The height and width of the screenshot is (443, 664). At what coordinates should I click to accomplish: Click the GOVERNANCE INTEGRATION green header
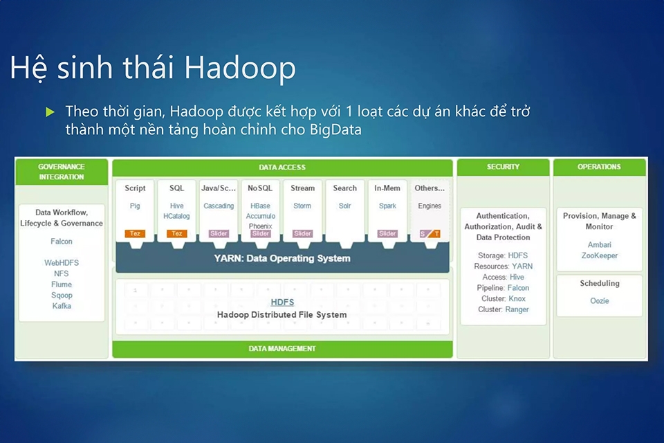(x=62, y=172)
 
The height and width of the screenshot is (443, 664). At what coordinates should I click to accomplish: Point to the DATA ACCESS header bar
(x=282, y=168)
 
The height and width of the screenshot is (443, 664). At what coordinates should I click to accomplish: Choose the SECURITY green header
(x=503, y=167)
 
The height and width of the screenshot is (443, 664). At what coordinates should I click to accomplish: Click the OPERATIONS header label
(x=599, y=167)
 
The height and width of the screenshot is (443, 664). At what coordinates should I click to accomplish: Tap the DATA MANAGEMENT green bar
(x=282, y=349)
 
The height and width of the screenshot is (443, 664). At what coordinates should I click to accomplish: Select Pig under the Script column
(x=135, y=206)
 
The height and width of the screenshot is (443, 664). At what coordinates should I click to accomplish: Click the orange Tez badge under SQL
(x=177, y=233)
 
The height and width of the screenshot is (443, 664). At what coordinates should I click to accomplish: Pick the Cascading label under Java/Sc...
(x=219, y=206)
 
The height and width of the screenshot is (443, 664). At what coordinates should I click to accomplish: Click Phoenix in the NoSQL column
(x=261, y=226)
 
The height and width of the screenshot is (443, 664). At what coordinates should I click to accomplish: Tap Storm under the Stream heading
(x=302, y=206)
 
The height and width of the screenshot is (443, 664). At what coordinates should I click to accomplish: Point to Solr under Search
(x=344, y=206)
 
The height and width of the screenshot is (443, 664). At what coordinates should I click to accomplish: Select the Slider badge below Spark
(x=387, y=233)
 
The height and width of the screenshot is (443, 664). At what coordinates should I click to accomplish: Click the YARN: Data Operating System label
(x=282, y=258)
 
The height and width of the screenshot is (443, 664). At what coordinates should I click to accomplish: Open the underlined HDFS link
(x=282, y=302)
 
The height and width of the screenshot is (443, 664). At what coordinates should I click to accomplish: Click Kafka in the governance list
(x=62, y=306)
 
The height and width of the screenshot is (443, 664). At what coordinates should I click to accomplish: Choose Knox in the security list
(x=516, y=299)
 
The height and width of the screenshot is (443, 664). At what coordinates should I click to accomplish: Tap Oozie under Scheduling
(x=599, y=301)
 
